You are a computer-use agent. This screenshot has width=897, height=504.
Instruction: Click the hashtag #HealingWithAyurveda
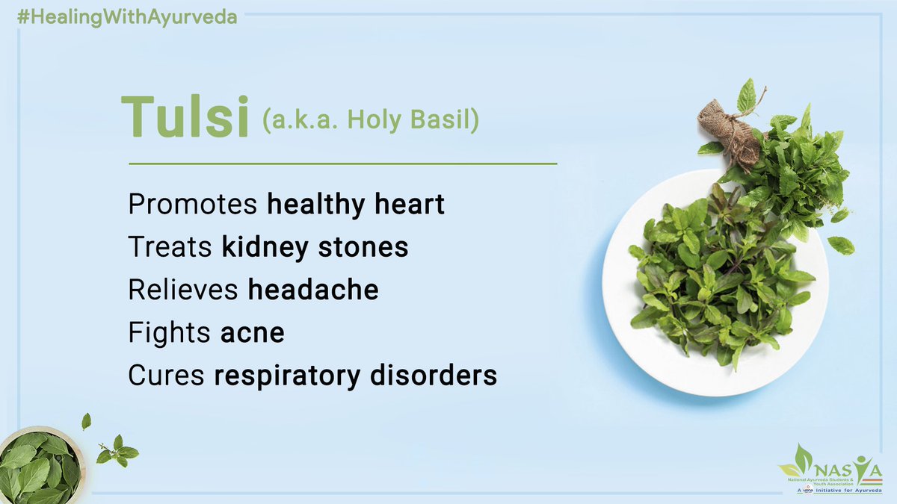pos(120,16)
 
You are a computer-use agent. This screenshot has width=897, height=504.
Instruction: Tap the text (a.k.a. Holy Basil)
pos(370,120)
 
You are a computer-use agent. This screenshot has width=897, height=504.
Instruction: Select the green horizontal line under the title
pos(342,163)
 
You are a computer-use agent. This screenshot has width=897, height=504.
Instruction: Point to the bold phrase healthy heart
pos(356,205)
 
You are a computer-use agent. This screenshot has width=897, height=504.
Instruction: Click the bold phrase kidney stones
pos(315,247)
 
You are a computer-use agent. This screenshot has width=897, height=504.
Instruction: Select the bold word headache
pos(313,290)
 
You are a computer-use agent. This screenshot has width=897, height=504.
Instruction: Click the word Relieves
pos(185,290)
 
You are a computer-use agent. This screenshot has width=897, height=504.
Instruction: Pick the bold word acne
pos(253,332)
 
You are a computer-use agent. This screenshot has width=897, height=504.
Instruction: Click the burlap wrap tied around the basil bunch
pos(727,131)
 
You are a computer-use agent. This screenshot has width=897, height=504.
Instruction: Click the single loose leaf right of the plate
pos(841,244)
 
